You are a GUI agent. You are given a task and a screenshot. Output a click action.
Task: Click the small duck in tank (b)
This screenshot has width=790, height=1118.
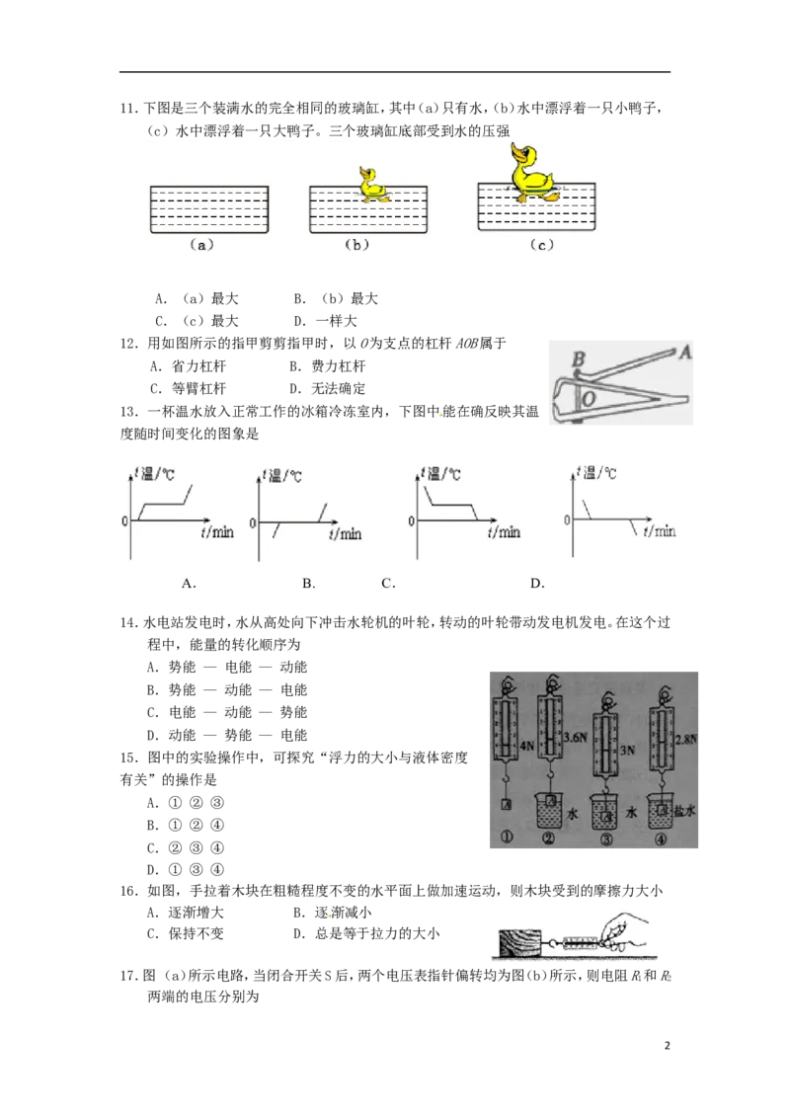point(371,185)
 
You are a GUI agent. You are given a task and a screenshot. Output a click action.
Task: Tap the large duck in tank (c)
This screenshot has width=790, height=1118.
point(533,173)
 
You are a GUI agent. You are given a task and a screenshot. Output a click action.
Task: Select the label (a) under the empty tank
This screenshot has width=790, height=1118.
point(200,245)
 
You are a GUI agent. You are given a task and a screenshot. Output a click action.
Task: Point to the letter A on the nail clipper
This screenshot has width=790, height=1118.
point(685,351)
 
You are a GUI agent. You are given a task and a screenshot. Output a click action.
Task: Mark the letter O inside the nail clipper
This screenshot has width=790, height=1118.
point(587,397)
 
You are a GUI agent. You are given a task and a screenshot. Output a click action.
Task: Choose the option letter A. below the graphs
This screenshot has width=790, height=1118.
point(189,584)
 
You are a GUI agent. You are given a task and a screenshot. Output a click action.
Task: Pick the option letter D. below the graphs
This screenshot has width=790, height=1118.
point(537,584)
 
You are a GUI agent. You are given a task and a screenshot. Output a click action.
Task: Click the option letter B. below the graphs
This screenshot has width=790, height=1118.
point(309,584)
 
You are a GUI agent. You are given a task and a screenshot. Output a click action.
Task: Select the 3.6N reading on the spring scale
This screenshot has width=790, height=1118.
point(577,736)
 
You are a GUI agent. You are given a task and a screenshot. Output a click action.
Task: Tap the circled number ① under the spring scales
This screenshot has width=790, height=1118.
point(506,839)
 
